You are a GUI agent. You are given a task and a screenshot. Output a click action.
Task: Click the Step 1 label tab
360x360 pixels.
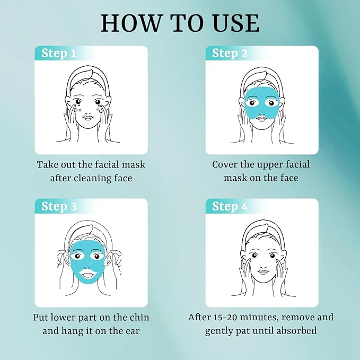coord(58,54)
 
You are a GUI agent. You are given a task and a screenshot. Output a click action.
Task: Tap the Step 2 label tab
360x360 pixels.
coord(230,54)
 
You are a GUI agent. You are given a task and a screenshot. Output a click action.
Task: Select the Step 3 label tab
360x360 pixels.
coord(58,206)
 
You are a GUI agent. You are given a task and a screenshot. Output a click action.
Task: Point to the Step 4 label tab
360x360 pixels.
coord(230,206)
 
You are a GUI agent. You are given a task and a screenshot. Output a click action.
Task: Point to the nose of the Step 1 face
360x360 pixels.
coord(91,110)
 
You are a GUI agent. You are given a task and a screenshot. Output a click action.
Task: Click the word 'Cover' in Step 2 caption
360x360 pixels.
coord(225,164)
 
